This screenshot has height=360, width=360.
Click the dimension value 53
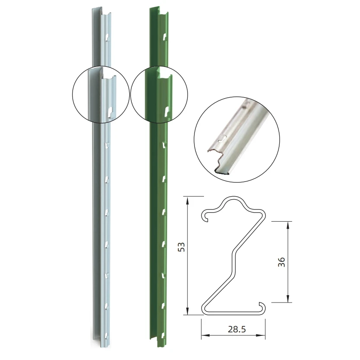pyautogui.click(x=182, y=247)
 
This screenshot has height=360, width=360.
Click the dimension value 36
pyautogui.click(x=282, y=261)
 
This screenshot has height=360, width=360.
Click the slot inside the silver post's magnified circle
pyautogui.click(x=110, y=112)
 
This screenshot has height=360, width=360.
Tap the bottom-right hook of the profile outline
pyautogui.click(x=261, y=307)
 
